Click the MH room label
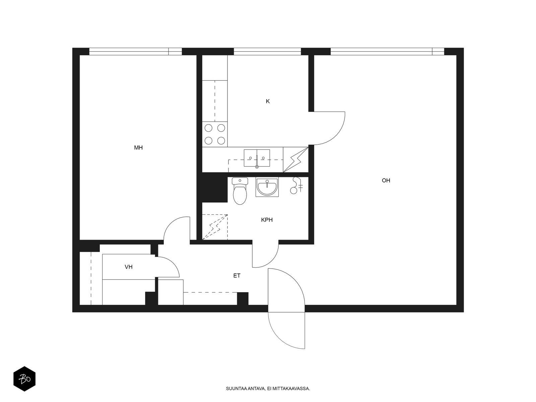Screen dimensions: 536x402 pyautogui.click(x=138, y=148)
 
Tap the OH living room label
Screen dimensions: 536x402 pyautogui.click(x=386, y=180)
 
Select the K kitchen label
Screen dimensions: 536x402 pyautogui.click(x=268, y=101)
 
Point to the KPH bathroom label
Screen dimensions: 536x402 pyautogui.click(x=267, y=220)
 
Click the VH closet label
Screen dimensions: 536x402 pyautogui.click(x=128, y=267)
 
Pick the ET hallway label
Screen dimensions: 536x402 pyautogui.click(x=237, y=276)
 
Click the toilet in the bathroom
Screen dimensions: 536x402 pyautogui.click(x=240, y=191)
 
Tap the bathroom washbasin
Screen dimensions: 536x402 pyautogui.click(x=267, y=187)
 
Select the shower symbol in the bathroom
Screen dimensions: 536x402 pyautogui.click(x=296, y=186)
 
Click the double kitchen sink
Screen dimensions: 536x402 pyautogui.click(x=257, y=158)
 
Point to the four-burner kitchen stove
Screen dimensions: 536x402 pyautogui.click(x=215, y=134)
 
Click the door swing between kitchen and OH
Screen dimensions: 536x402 pyautogui.click(x=336, y=134)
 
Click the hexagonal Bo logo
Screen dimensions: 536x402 pyautogui.click(x=24, y=379)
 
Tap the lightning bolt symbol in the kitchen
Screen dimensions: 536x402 pyautogui.click(x=296, y=160)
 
